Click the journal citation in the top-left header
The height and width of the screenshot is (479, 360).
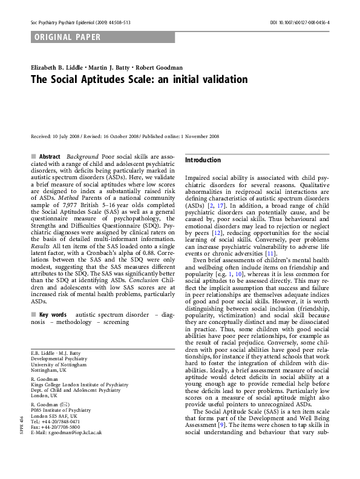pos(80,22)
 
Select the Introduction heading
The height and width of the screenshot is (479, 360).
pos(203,160)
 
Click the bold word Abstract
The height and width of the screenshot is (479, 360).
pos(50,157)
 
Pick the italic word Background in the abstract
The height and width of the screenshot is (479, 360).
pos(82,157)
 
